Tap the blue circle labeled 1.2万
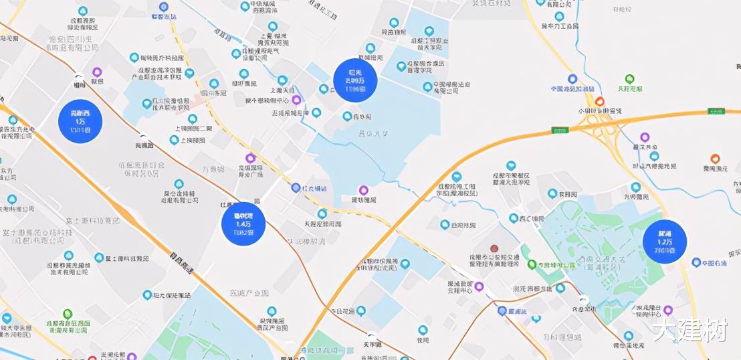665,242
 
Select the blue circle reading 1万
81,121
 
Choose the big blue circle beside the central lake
355,80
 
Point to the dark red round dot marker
494,248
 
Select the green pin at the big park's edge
532,264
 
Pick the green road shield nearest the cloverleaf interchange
716,111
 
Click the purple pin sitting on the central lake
364,190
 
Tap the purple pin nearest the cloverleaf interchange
645,137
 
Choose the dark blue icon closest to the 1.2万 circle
696,262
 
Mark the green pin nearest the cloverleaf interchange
629,79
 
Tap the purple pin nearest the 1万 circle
97,72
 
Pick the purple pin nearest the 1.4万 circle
250,159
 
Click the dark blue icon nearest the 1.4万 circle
296,188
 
